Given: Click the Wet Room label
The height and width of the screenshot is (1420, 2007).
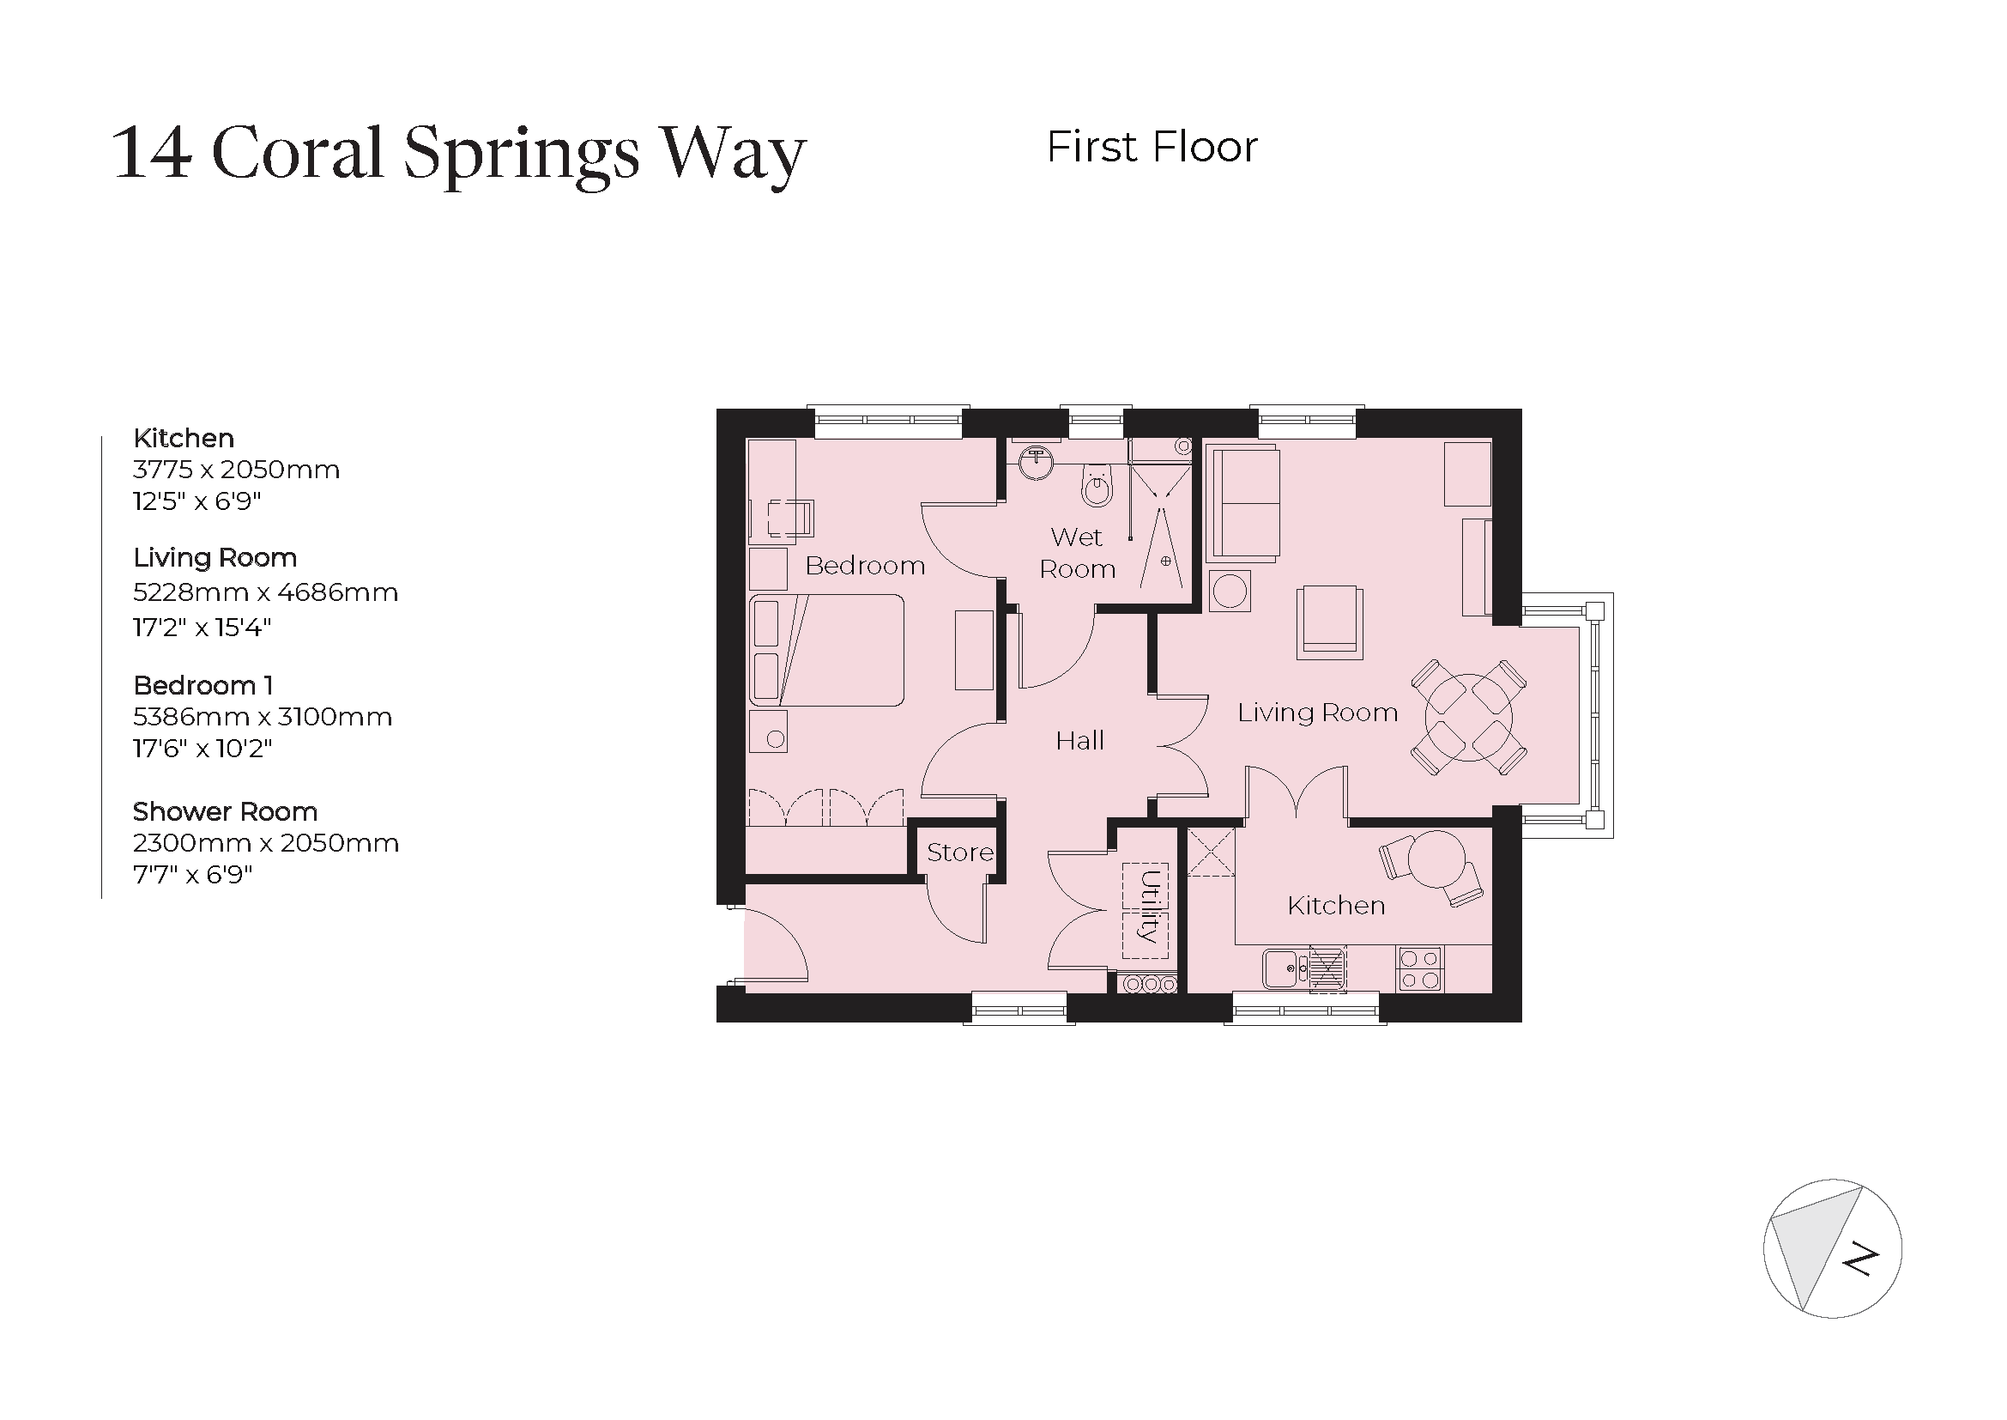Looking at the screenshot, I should [1077, 553].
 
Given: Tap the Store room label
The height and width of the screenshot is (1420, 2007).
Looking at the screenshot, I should [959, 853].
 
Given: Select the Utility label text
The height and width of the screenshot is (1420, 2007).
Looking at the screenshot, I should [1150, 907].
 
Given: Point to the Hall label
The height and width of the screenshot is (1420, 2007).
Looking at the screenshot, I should [1079, 742].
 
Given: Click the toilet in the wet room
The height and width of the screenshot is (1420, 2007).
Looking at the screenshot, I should [1097, 486].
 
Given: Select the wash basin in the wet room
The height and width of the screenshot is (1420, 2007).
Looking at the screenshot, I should [1037, 462].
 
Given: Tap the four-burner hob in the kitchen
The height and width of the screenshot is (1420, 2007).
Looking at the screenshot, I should [1419, 968].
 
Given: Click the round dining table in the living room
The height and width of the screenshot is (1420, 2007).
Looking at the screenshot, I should [1468, 717].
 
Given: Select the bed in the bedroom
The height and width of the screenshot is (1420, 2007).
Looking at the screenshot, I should [826, 651].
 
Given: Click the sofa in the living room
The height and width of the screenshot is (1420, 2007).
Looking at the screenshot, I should [1243, 504].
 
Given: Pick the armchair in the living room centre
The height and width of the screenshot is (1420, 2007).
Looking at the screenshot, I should [1328, 622].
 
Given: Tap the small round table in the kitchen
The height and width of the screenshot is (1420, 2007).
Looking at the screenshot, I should [1437, 859].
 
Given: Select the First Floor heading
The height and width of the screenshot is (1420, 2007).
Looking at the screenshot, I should [1152, 147].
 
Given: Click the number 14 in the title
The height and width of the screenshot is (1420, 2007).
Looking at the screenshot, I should [151, 154].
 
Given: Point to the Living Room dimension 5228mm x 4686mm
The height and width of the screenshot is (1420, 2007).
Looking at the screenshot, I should [265, 593].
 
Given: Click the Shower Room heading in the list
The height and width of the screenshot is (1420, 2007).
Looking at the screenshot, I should [225, 811].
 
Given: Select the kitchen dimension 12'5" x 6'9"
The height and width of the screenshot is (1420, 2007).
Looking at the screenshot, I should [196, 501].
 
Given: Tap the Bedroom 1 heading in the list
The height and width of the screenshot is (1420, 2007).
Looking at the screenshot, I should [203, 684].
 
